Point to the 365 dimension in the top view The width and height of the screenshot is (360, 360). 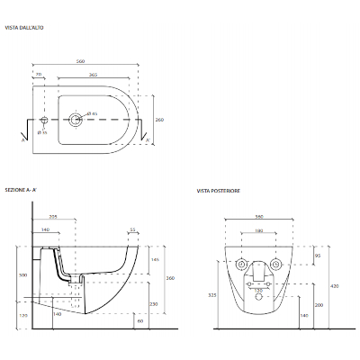tap(94, 76)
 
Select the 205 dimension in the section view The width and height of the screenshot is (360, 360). tap(53, 218)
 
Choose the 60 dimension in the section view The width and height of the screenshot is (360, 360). tap(140, 319)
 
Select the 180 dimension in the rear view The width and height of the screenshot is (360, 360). tap(259, 231)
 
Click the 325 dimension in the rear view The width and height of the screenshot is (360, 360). tap(211, 294)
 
